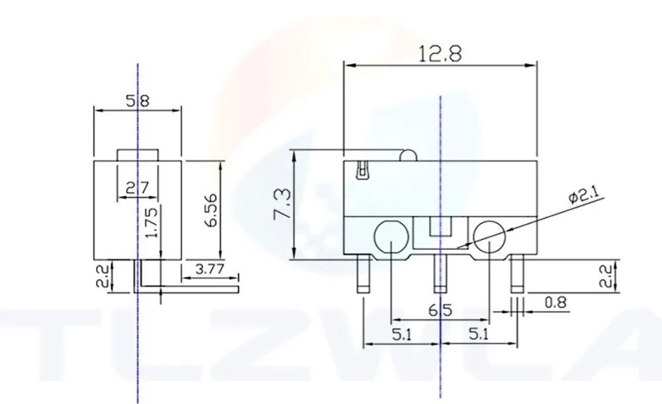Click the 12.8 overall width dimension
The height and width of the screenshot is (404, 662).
coord(440,54)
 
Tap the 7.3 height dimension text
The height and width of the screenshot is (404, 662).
coord(282,204)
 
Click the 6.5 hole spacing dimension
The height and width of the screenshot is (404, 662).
coord(440,311)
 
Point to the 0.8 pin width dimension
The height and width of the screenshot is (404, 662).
coord(555,302)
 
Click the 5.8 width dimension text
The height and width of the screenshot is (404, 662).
coord(138,101)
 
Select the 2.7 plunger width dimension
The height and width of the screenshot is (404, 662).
coord(138,187)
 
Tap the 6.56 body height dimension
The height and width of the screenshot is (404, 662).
coord(212,210)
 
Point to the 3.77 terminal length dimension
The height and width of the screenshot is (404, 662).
coord(209,269)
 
